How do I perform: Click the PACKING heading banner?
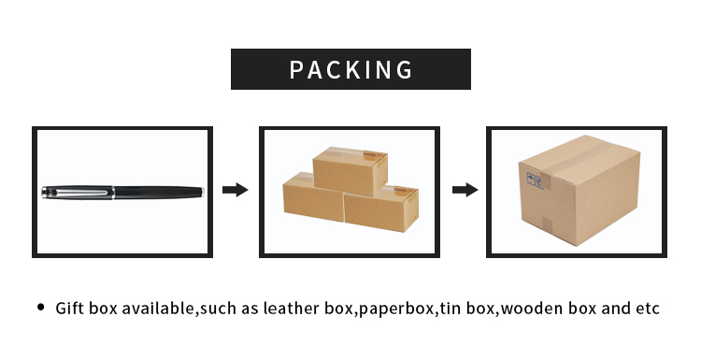[350, 69]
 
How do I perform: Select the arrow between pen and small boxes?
[235, 190]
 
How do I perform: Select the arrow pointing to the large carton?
[465, 190]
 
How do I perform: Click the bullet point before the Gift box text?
[40, 308]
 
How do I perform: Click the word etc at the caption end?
[647, 309]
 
